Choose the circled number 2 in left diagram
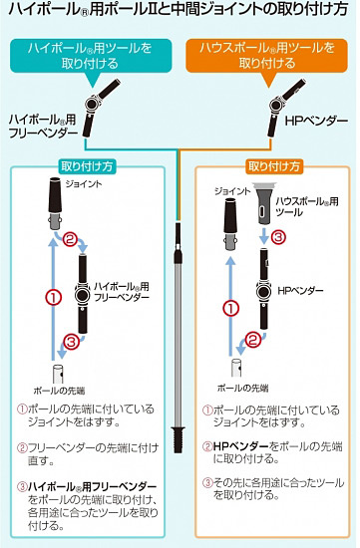point(70,240)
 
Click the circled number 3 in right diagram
point(280,237)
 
